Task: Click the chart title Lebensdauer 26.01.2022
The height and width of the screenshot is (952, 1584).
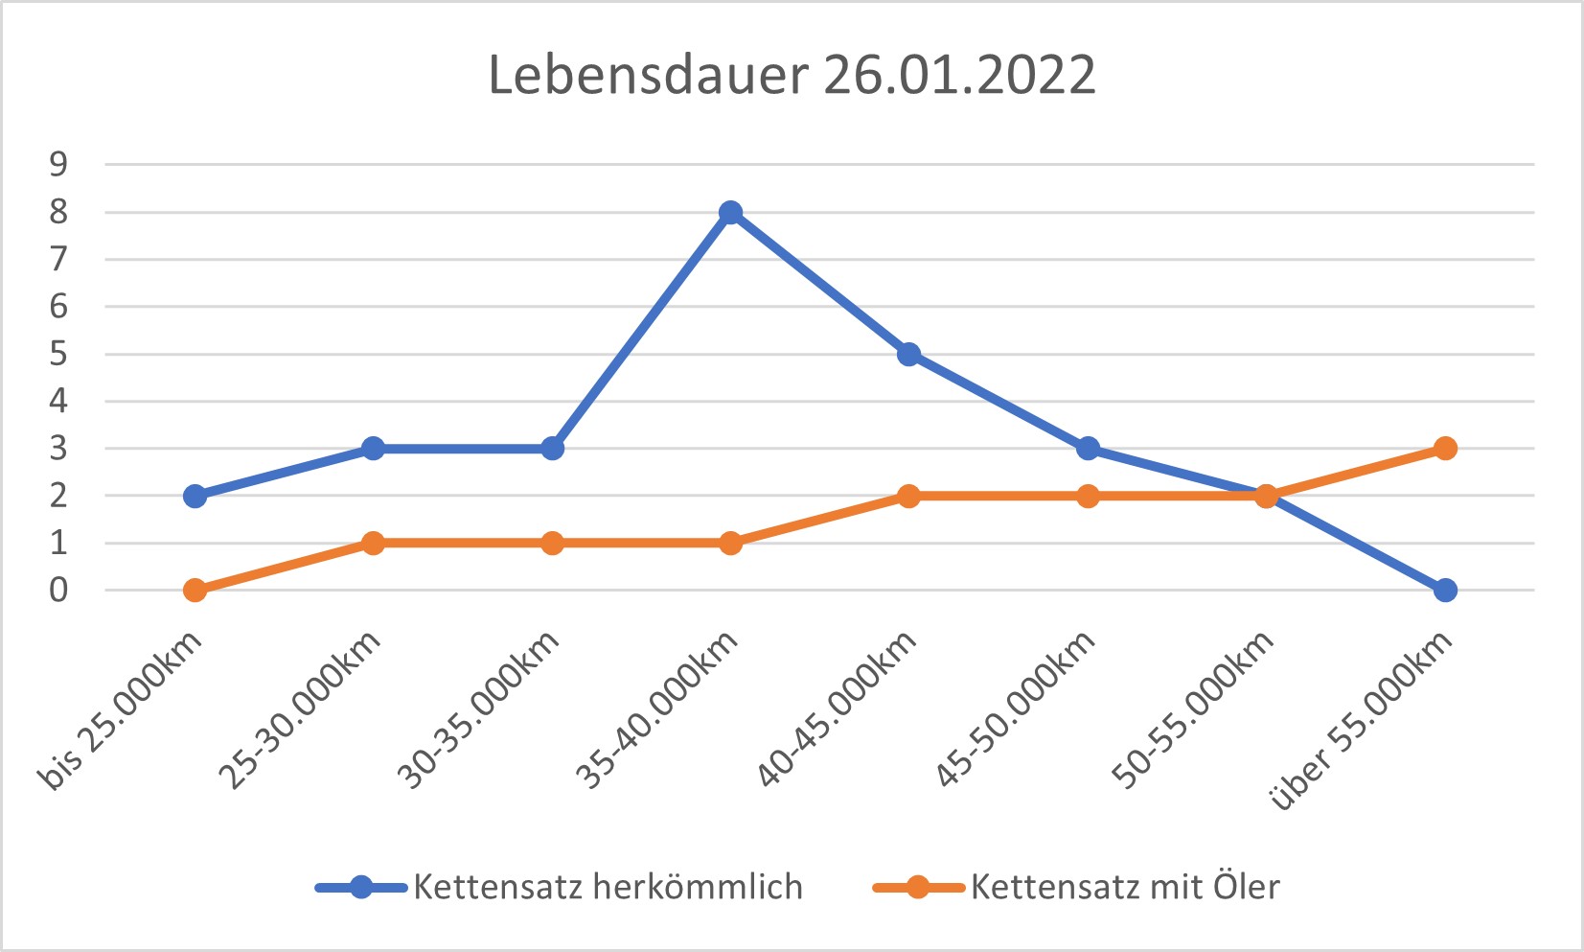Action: [792, 75]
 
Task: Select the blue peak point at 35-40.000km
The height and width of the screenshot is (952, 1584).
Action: [730, 212]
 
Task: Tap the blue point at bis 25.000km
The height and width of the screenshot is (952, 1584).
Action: [195, 496]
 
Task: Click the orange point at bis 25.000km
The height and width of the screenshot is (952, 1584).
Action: [195, 590]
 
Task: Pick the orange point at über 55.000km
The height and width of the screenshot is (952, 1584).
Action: [1445, 448]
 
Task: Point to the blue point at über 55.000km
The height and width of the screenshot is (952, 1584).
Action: [1445, 590]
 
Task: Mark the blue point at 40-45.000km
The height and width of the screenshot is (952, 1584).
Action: [908, 354]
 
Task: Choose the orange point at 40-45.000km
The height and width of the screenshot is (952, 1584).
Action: [908, 496]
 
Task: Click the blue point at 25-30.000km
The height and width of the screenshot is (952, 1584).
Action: [373, 448]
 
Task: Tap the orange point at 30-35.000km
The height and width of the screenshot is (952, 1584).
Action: [552, 543]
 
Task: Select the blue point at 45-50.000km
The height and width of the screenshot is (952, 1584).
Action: [1088, 448]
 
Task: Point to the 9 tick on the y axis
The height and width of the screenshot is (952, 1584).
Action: [59, 164]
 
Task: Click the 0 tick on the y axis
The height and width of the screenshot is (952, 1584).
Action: [59, 590]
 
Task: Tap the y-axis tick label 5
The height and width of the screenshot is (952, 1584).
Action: [59, 354]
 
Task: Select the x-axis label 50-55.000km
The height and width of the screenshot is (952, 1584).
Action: [1193, 711]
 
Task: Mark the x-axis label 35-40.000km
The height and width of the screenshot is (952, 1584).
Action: [657, 711]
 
